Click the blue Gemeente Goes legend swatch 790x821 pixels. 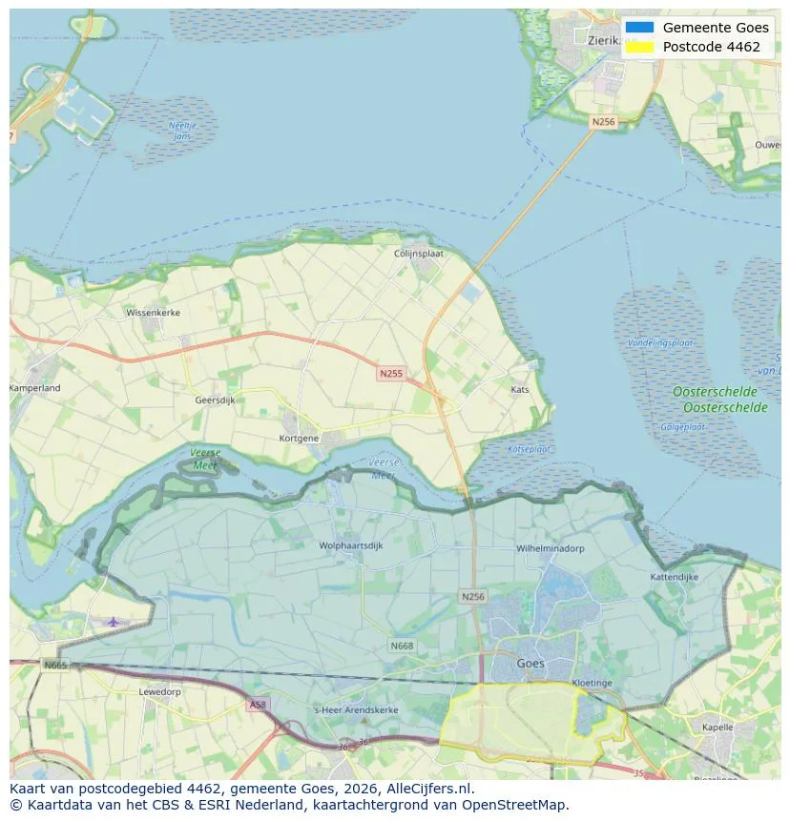[x=640, y=28]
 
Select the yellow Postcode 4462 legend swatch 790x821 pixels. [x=640, y=47]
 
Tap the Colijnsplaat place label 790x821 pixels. [x=421, y=254]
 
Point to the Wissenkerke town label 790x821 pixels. [x=153, y=312]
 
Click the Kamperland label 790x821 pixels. [x=35, y=388]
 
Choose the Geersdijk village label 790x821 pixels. [x=215, y=400]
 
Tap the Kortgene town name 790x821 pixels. [x=299, y=438]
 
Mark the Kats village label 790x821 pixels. [x=520, y=390]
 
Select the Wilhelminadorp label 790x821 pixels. [x=551, y=549]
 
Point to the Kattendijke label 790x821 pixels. [x=675, y=577]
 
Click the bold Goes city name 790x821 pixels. [x=530, y=663]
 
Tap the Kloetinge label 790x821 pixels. [x=592, y=683]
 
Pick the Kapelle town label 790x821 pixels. [x=717, y=727]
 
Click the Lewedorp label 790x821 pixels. [x=159, y=691]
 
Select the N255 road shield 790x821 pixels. [x=390, y=374]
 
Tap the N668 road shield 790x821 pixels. [x=402, y=646]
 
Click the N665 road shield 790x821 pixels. [x=55, y=665]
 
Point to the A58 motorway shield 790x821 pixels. [x=257, y=705]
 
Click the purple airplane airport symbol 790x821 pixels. [x=114, y=622]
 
